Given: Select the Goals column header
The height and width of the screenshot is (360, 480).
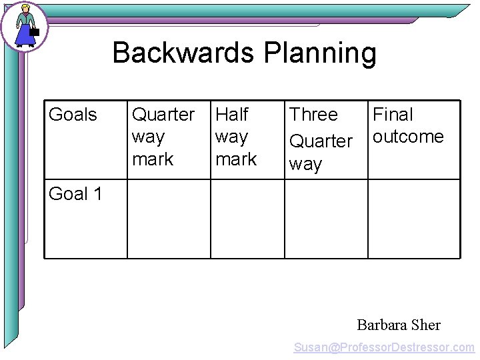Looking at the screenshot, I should tap(73, 115).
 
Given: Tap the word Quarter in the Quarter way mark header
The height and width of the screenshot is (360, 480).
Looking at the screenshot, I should tap(163, 115).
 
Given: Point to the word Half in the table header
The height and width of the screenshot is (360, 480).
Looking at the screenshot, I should tap(232, 115).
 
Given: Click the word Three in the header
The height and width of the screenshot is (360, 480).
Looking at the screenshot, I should tap(313, 115).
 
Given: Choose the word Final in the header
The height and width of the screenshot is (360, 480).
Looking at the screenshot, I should tap(393, 115).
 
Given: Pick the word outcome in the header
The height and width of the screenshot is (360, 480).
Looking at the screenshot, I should tap(408, 137).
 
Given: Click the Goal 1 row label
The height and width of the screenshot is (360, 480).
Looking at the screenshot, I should tap(76, 194).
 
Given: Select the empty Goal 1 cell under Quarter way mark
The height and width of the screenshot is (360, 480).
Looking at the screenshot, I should tap(169, 219).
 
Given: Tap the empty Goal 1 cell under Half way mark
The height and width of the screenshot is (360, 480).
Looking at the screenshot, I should tap(247, 219).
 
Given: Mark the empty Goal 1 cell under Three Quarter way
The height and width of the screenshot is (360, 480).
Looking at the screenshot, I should tap(326, 219).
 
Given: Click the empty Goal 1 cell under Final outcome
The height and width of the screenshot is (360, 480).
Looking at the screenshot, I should tap(414, 219).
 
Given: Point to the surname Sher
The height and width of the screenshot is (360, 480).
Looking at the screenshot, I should tap(426, 325).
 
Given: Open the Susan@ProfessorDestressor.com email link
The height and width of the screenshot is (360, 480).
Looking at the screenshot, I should tap(385, 347).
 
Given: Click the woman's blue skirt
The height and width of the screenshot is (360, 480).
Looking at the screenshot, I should tap(25, 35).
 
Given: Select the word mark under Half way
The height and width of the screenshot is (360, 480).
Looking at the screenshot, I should tap(236, 159).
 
